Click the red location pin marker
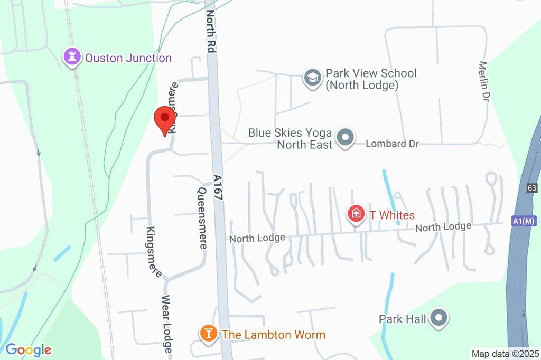pyautogui.click(x=164, y=120)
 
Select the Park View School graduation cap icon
pyautogui.click(x=312, y=78)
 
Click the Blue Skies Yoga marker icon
pyautogui.click(x=346, y=138)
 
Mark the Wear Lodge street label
pyautogui.click(x=167, y=324)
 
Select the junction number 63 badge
pyautogui.click(x=532, y=188)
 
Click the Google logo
pyautogui.click(x=29, y=350)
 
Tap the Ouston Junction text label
pyautogui.click(x=128, y=58)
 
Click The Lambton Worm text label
pyautogui.click(x=273, y=335)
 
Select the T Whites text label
pyautogui.click(x=391, y=215)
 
